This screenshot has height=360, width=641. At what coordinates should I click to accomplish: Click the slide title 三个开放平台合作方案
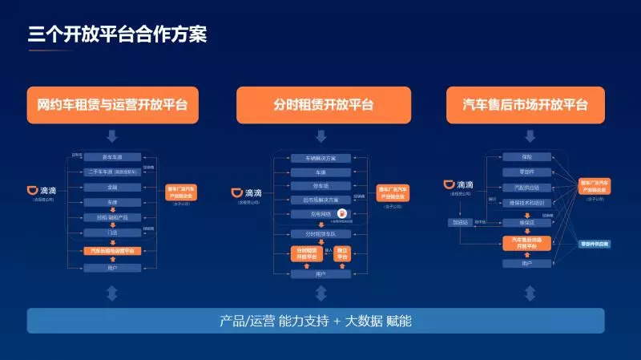coord(118,34)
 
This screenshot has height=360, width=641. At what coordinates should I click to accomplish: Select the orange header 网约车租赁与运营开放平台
coord(112,104)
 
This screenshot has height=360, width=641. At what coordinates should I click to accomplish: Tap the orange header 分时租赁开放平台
coord(323,104)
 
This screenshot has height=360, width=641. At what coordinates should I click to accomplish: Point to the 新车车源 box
coord(112,157)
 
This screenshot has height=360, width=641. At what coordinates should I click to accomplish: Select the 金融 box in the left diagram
coord(112,187)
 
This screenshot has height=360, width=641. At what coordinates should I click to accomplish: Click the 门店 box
coord(112,233)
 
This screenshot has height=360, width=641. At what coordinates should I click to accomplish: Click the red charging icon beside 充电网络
coord(342,214)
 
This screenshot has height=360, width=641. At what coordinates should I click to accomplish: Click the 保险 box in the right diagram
coord(526,156)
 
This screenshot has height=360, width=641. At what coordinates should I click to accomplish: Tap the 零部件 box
coord(526,172)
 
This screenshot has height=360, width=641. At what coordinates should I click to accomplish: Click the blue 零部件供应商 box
coord(595,243)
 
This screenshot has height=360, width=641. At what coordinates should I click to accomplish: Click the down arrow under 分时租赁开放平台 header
coord(323,136)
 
